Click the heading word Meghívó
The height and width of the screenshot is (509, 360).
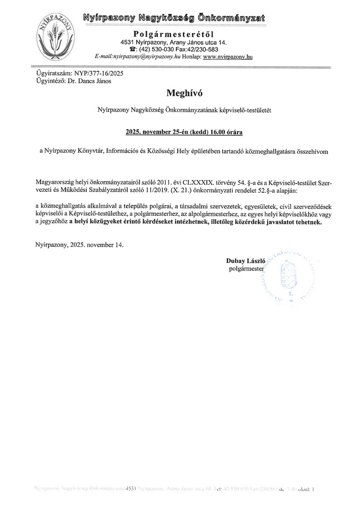coord(180,92)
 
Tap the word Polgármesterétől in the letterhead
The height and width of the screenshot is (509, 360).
coord(173,34)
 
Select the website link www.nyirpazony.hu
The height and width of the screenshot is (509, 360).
coord(228,56)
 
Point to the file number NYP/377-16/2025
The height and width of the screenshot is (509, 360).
coord(96,74)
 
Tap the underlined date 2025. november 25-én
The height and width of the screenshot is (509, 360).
coord(150,132)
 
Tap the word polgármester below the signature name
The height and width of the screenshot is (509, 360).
coord(247,269)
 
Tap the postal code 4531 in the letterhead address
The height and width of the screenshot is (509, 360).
coord(128,42)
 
